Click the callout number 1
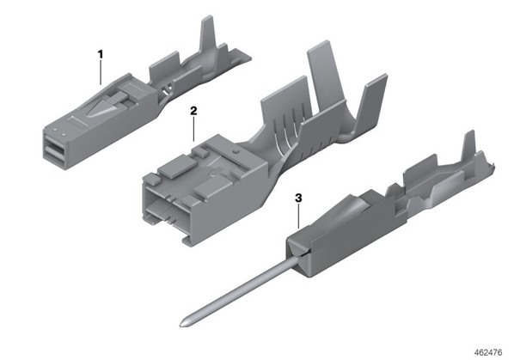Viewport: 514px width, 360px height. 101,54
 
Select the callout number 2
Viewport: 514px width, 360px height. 193,111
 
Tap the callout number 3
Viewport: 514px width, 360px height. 298,198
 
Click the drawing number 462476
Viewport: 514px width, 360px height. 488,352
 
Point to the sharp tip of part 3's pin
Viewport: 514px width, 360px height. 181,326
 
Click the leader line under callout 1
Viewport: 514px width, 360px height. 101,72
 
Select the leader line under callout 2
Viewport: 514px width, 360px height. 193,129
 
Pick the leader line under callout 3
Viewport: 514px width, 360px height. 298,216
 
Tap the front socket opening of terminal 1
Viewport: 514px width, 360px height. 54,149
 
